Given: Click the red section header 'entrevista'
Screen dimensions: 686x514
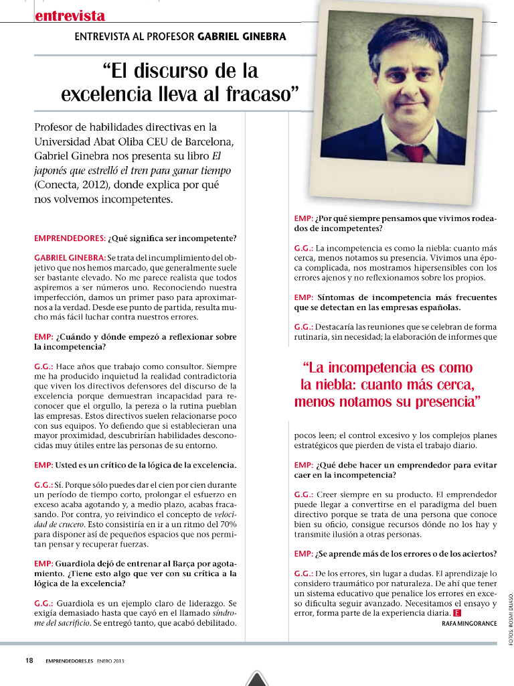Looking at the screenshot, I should coord(70,15).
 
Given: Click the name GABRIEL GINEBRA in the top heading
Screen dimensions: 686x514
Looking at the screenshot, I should coord(242,36).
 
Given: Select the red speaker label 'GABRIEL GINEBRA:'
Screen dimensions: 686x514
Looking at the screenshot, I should coord(70,258).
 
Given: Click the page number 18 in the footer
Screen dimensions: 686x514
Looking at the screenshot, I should coord(29,661).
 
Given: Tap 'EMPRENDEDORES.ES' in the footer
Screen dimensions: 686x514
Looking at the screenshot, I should coord(69,661).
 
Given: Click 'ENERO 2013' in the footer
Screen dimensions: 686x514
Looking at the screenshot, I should coord(110,661).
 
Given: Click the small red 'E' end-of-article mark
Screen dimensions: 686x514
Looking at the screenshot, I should coord(456,614).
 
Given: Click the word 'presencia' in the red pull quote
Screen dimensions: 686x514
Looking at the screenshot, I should coord(442,403).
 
